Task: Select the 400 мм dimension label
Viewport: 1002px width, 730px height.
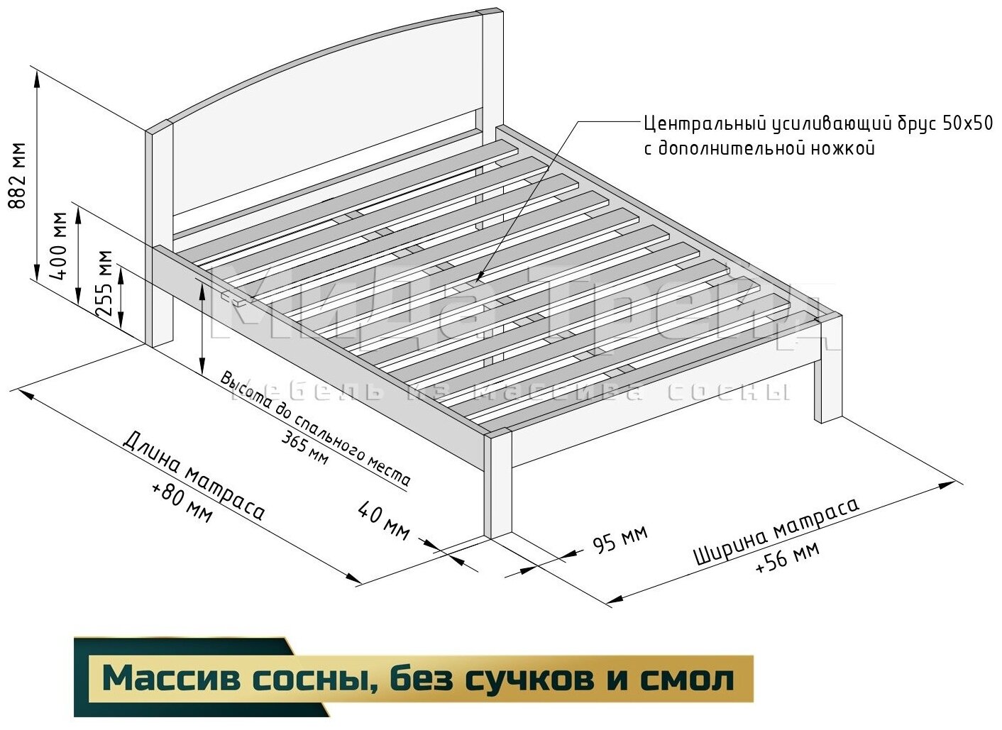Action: coord(60,245)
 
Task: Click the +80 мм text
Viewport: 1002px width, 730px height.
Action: coord(182,503)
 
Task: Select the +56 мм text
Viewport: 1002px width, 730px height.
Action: coord(787,558)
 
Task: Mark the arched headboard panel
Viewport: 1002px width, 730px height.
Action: coord(319,142)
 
